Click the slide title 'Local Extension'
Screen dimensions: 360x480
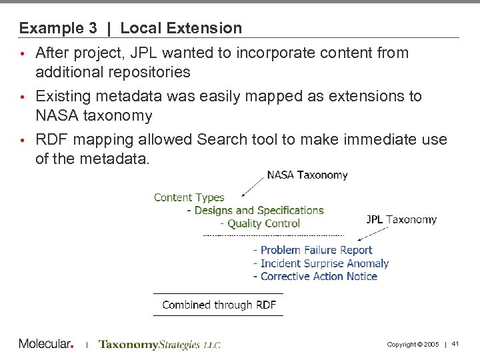[181, 28]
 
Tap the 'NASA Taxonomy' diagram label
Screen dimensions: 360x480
[307, 175]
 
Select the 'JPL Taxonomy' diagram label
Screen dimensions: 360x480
[401, 219]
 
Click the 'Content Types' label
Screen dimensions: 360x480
[189, 197]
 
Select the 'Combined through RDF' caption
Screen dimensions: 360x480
[219, 305]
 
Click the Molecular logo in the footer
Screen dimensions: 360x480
[46, 344]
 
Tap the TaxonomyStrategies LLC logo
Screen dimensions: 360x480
[159, 345]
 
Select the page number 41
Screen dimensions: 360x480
[455, 344]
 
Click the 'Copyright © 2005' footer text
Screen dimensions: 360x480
[413, 344]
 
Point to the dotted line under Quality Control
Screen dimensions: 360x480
[273, 235]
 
